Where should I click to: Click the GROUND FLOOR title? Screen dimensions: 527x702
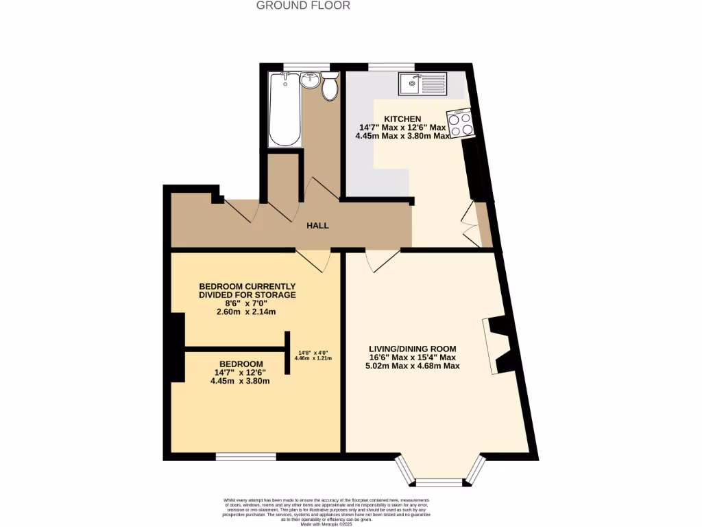pos(303,5)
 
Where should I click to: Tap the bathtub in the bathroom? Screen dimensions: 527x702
pos(285,110)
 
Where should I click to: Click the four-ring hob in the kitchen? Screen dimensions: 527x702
pos(460,124)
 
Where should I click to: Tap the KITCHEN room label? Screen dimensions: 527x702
pos(402,119)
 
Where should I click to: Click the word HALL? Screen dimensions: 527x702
pos(317,225)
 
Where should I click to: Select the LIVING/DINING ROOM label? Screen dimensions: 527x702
pos(412,349)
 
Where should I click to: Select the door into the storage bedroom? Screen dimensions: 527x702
pos(313,259)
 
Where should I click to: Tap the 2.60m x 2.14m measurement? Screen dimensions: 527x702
pos(247,312)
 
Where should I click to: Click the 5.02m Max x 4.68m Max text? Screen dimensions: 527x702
pos(412,366)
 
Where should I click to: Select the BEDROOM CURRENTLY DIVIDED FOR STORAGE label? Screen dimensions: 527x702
pos(247,290)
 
